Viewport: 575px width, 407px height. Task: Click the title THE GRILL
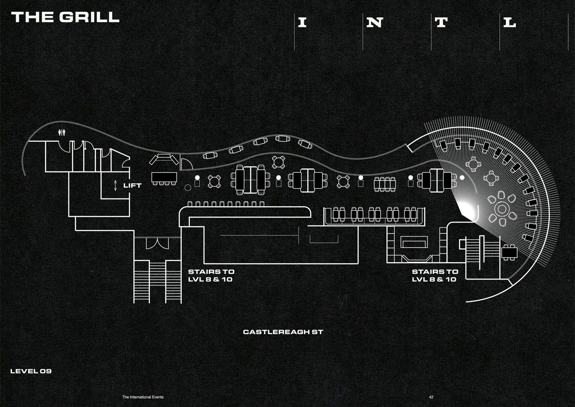pyautogui.click(x=65, y=17)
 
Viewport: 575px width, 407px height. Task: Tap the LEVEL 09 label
pyautogui.click(x=31, y=371)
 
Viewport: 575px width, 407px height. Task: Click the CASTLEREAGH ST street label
pyautogui.click(x=283, y=332)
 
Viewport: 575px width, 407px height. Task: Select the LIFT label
pyautogui.click(x=132, y=186)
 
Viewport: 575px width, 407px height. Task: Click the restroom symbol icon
pyautogui.click(x=62, y=132)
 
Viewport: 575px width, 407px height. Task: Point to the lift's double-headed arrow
pyautogui.click(x=115, y=186)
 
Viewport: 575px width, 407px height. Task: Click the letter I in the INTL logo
pyautogui.click(x=302, y=23)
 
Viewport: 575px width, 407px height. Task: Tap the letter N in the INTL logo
pyautogui.click(x=375, y=23)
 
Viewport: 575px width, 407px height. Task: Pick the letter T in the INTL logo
pyautogui.click(x=441, y=23)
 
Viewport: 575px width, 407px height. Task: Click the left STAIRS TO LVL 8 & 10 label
pyautogui.click(x=211, y=275)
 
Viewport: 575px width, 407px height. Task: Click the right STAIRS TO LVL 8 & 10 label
pyautogui.click(x=435, y=275)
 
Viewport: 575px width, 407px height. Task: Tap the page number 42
pyautogui.click(x=431, y=397)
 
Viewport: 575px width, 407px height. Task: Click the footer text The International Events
pyautogui.click(x=143, y=397)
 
